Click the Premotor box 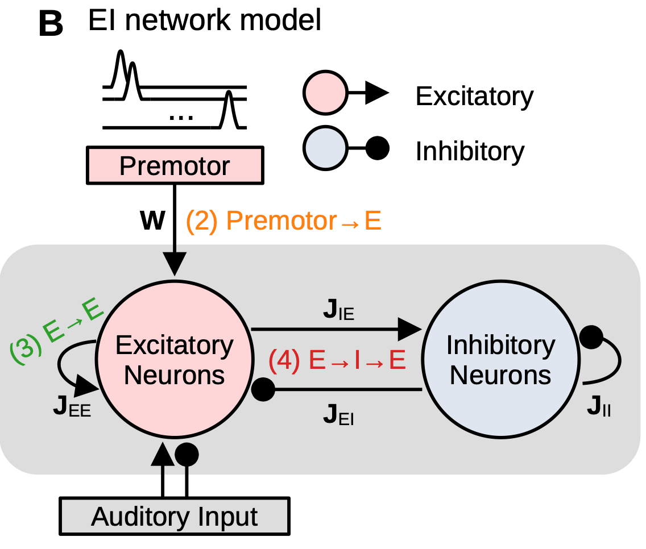[x=175, y=167]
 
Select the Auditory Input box [x=175, y=517]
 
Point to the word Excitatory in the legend [x=474, y=96]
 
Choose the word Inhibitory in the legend [x=470, y=151]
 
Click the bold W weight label [x=153, y=221]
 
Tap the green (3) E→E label [x=56, y=335]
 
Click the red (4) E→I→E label [x=337, y=361]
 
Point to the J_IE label [x=338, y=313]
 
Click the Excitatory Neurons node [x=175, y=360]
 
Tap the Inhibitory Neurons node [x=500, y=360]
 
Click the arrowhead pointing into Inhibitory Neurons [x=410, y=328]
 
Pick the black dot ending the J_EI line [x=263, y=390]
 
